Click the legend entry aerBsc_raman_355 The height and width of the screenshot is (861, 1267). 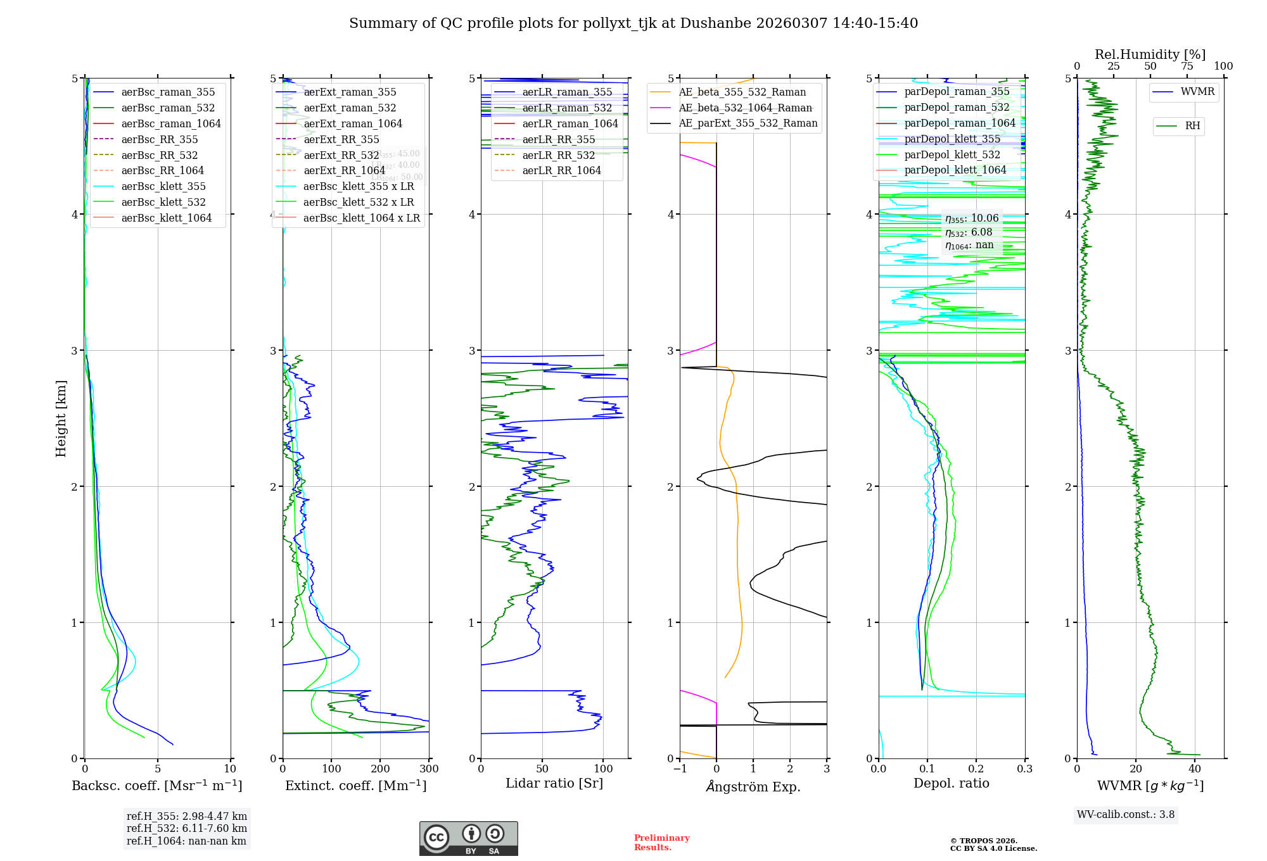pos(168,92)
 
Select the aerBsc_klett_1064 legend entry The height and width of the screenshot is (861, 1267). pos(166,218)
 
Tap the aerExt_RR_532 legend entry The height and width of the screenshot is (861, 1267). pos(341,155)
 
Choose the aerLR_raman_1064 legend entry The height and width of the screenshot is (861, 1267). pos(570,123)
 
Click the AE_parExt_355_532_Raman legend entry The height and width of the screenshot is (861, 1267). pos(748,123)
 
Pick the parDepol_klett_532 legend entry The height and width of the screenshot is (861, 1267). pos(952,154)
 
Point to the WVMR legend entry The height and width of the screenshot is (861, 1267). pos(1197,92)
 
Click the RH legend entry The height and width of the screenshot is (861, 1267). pos(1192,126)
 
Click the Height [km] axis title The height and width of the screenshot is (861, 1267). pos(61,418)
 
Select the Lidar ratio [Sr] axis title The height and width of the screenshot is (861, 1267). pos(554,783)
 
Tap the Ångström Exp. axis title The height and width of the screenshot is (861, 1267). pos(753,786)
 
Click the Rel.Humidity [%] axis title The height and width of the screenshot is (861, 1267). pos(1150,54)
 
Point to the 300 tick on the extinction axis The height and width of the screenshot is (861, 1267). pos(429,769)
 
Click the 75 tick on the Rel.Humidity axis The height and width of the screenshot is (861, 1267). pos(1187,66)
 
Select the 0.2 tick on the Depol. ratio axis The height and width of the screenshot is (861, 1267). pos(976,769)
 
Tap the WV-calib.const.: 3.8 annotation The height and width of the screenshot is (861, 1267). pos(1125,815)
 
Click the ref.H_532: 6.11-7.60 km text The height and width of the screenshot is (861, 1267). pos(186,828)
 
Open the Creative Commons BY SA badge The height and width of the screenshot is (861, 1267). pos(468,838)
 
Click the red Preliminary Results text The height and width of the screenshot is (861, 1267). pos(661,843)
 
